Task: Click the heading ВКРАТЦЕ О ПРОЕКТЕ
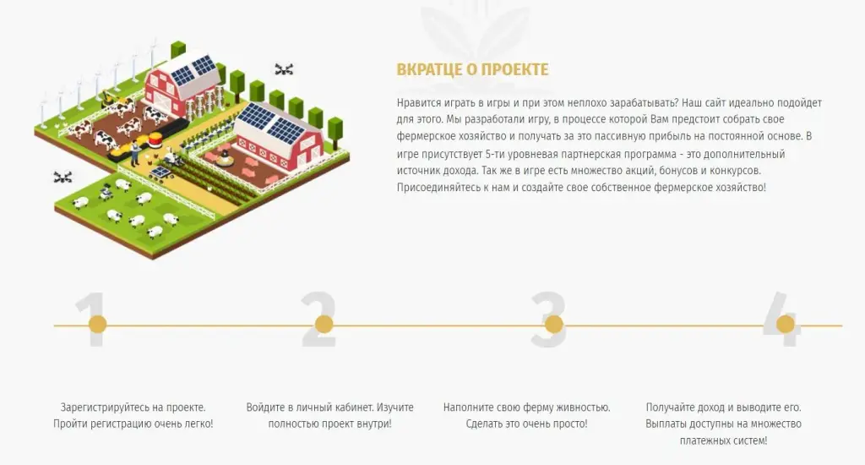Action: [x=472, y=69]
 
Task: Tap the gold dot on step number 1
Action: [x=98, y=324]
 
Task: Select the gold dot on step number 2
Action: [x=324, y=324]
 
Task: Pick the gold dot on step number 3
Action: [x=554, y=324]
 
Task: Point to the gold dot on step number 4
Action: [x=786, y=324]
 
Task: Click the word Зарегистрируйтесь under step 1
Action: [x=105, y=408]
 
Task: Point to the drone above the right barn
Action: [x=284, y=69]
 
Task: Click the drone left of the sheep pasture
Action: [x=63, y=178]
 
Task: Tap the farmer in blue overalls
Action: [x=134, y=153]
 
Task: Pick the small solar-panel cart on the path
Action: [x=160, y=173]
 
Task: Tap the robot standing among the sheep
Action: [x=106, y=192]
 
